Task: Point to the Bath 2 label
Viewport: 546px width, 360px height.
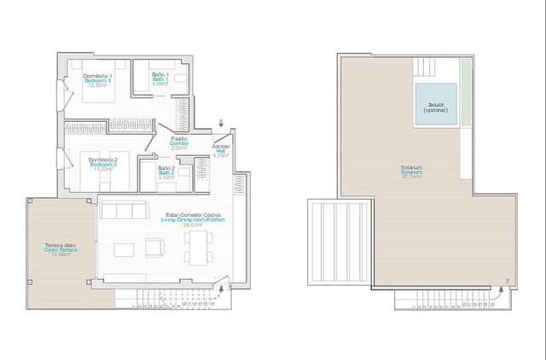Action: [x=166, y=172]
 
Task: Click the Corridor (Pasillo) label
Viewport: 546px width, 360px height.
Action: [x=179, y=142]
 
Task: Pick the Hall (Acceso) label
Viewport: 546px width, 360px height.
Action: [x=220, y=150]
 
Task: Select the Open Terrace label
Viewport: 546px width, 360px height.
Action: [x=61, y=250]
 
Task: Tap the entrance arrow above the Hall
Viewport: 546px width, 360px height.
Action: [x=224, y=124]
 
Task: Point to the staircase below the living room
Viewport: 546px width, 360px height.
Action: [x=171, y=298]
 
